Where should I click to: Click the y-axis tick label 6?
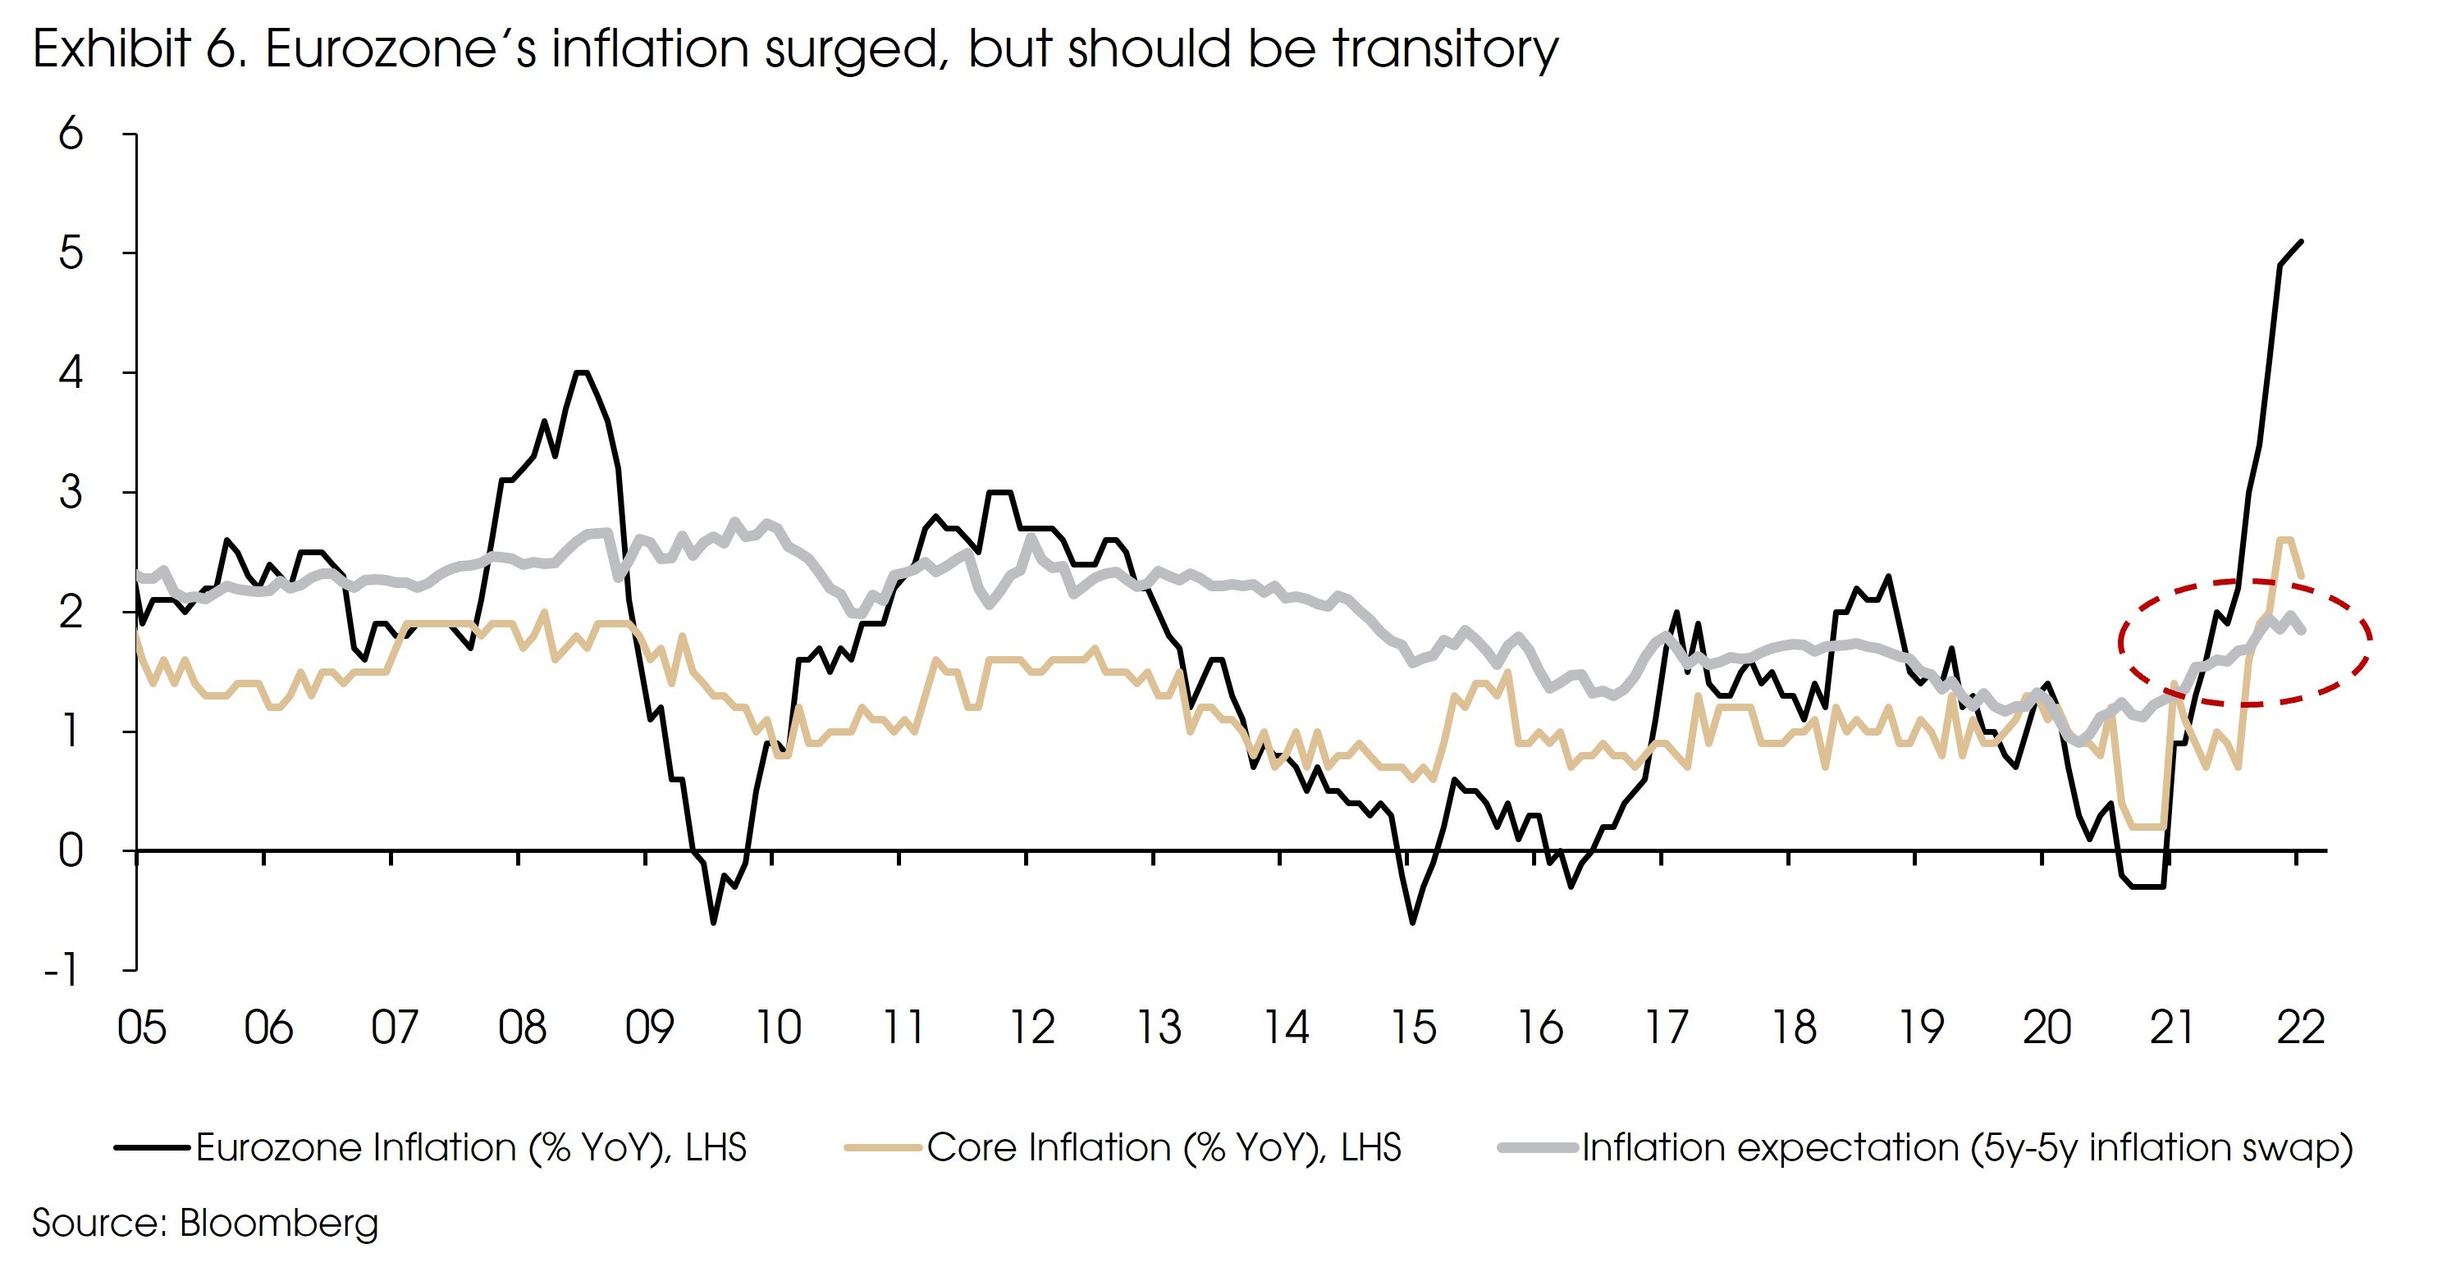click(x=71, y=134)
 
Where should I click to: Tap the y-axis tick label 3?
click(x=71, y=493)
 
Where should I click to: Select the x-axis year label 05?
click(x=141, y=1028)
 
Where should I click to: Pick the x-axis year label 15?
click(x=1412, y=1028)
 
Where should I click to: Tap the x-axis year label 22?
click(x=2301, y=1028)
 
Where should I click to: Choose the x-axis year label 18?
click(x=1794, y=1028)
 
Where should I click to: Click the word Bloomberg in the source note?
click(x=279, y=1224)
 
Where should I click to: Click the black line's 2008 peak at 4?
click(x=582, y=372)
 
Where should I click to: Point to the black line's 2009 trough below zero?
click(x=713, y=922)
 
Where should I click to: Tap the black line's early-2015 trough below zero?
click(x=1412, y=922)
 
